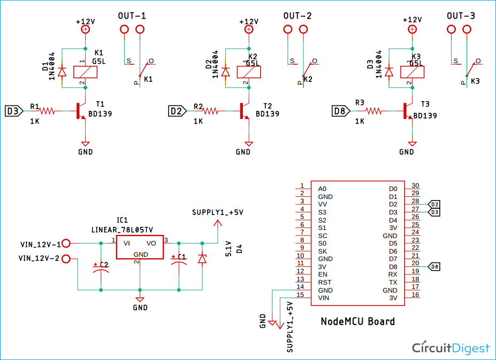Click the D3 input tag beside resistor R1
pyautogui.click(x=14, y=111)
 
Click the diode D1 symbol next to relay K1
pyautogui.click(x=62, y=71)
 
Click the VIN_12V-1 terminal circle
pyautogui.click(x=66, y=243)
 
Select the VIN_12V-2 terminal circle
pyautogui.click(x=66, y=259)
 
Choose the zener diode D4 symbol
pyautogui.click(x=202, y=259)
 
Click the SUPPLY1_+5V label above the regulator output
pyautogui.click(x=217, y=212)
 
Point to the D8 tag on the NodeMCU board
pyautogui.click(x=435, y=266)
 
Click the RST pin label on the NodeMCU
pyautogui.click(x=325, y=282)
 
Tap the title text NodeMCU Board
pyautogui.click(x=357, y=321)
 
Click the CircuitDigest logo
pyautogui.click(x=451, y=348)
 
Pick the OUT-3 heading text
pyautogui.click(x=460, y=16)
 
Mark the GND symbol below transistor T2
pyautogui.click(x=249, y=143)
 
